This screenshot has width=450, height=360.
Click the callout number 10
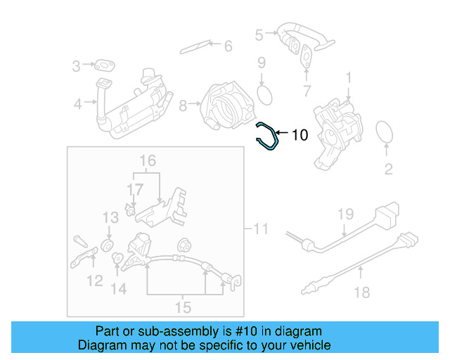[300, 134]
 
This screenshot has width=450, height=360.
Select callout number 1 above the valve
[348, 75]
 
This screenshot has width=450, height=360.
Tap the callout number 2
[388, 169]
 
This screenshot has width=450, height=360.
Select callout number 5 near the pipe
[259, 34]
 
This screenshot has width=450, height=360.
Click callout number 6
[227, 46]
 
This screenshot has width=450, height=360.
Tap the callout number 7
[306, 91]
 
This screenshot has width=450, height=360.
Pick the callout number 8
[183, 106]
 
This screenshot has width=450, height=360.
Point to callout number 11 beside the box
[261, 229]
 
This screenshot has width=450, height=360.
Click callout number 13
[111, 217]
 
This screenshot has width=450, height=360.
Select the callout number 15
[183, 307]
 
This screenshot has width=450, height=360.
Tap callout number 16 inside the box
[146, 162]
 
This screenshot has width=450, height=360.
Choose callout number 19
[344, 214]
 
